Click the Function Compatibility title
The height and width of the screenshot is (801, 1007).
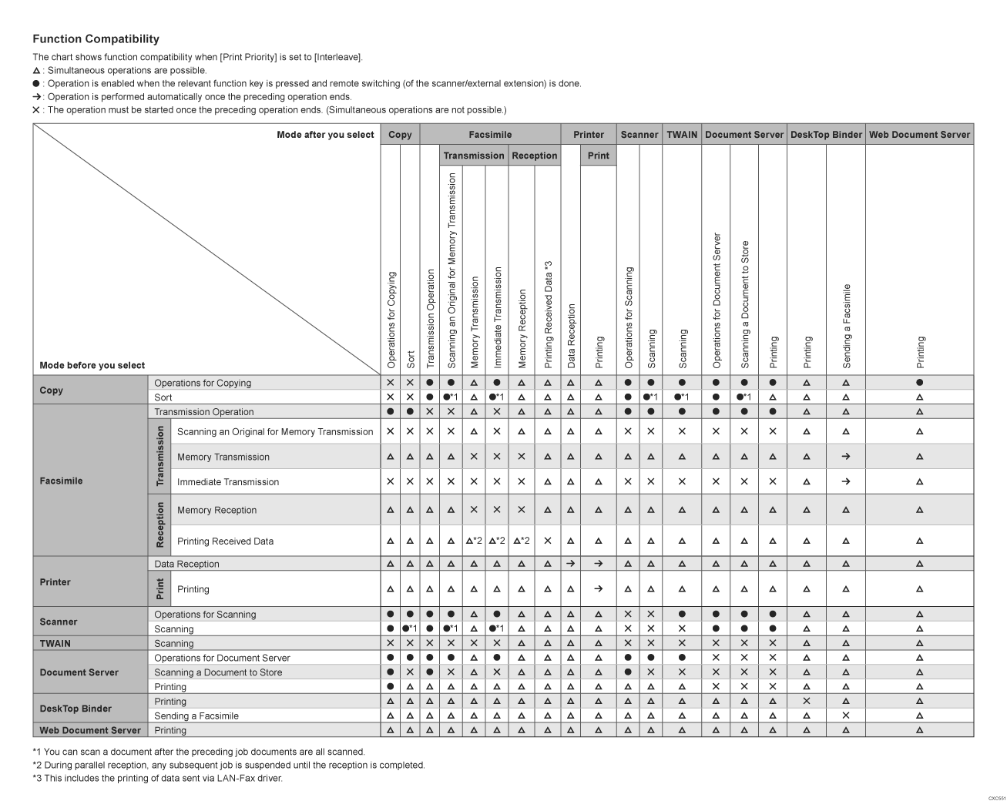pos(96,39)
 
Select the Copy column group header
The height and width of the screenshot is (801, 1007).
pos(400,134)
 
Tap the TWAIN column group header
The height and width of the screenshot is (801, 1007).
pos(682,134)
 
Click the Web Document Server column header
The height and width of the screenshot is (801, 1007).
pos(919,134)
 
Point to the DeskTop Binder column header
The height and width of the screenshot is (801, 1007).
pos(826,134)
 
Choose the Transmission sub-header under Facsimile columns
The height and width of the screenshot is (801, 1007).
pos(473,155)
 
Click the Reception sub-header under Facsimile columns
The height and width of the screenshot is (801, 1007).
pos(534,155)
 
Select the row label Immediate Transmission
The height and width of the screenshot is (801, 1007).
pos(228,482)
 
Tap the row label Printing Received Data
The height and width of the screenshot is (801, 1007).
pos(225,541)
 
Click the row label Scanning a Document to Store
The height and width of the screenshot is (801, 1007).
pos(218,672)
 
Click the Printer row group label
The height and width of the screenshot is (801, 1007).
pos(55,582)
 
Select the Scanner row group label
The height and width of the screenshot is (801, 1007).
pos(59,622)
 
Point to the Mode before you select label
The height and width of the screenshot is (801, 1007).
pos(92,365)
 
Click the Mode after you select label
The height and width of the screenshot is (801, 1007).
pos(325,134)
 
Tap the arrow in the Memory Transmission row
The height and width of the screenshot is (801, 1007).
pos(846,457)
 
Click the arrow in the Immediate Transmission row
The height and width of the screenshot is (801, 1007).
pos(846,482)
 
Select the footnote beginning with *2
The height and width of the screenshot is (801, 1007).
pos(229,765)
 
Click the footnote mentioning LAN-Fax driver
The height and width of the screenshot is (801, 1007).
pos(158,778)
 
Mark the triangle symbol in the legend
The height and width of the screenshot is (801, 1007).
pos(36,71)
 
